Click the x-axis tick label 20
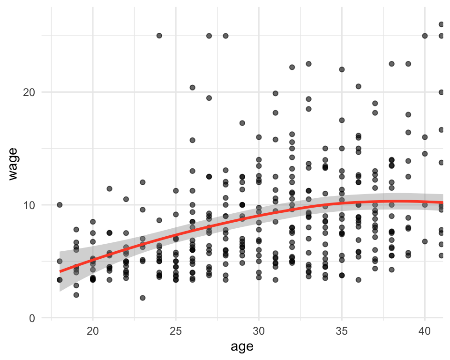pos(93,331)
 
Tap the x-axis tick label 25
pos(176,331)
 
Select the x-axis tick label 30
pos(259,331)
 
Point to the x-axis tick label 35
pos(342,331)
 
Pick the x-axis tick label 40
pos(425,331)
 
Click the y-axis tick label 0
pos(32,318)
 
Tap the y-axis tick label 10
pos(29,205)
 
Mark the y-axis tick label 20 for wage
pos(29,92)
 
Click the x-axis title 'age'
pos(242,347)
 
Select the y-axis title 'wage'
pos(14,164)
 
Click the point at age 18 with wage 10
pos(60,205)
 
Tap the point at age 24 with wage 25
pos(159,36)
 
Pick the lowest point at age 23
pos(142,298)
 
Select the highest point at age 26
pos(192,88)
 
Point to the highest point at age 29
pos(242,123)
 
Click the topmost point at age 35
pos(342,69)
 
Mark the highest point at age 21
pos(109,188)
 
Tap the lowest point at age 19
pos(76,295)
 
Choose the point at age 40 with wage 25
pos(425,36)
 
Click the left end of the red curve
pos(60,271)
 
